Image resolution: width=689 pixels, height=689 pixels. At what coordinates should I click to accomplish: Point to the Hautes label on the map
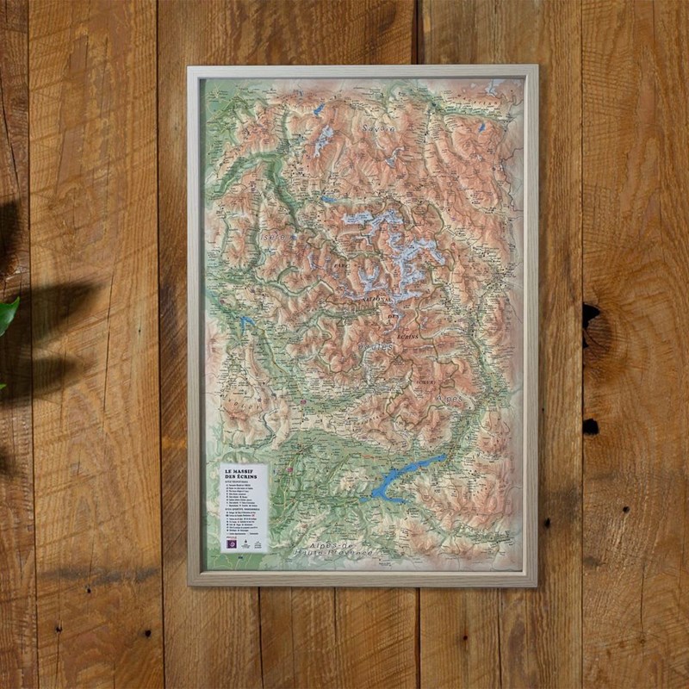coord(377,346)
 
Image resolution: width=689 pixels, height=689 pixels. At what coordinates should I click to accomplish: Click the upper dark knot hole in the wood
coord(590,314)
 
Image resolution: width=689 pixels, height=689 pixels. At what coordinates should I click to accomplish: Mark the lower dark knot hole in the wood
coord(590,426)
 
